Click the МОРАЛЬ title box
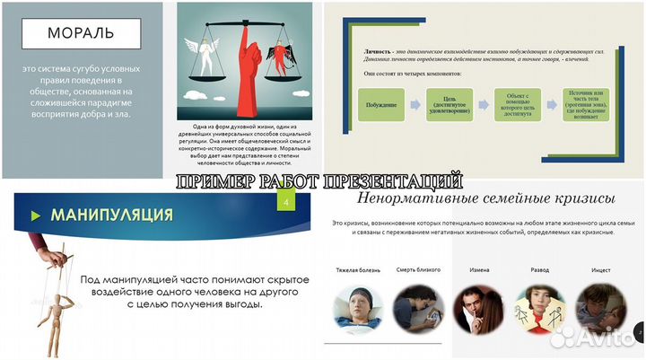pos(80,35)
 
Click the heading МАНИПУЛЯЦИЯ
pos(112,215)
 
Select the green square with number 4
pos(285,204)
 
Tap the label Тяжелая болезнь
pos(357,269)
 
